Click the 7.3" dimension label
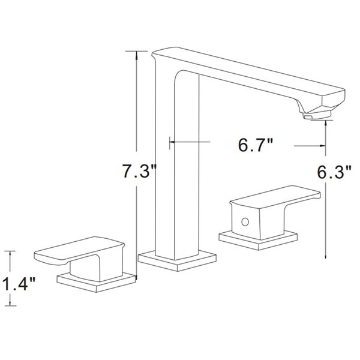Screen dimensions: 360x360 [139, 173]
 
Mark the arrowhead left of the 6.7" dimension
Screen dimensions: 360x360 [173, 142]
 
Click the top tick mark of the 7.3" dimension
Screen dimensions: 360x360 [139, 53]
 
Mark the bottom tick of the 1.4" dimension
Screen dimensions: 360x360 [10, 307]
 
